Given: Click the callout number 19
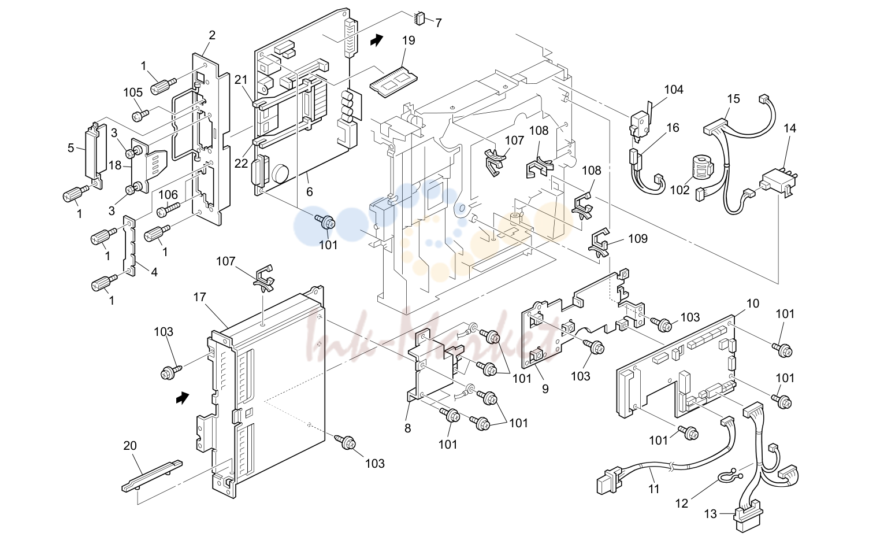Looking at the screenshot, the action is pos(408,40).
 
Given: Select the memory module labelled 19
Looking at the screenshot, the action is pos(392,83).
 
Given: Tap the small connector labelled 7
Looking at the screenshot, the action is pos(419,19).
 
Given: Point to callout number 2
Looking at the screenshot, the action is pos(212,35).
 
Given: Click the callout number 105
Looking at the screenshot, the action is pos(133,93).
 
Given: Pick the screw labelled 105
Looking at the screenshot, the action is pos(140,115).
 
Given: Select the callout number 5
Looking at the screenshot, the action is pos(70,148).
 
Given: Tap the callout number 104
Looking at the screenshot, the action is pos(674,90).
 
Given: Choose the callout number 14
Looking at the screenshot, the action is pos(790,128).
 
